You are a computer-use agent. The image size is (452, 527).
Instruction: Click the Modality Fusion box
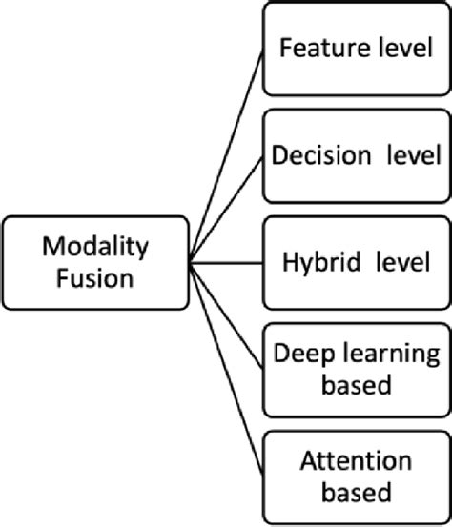pos(95,261)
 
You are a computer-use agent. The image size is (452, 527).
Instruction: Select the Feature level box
pos(355,49)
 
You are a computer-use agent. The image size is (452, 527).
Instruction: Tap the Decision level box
pos(355,154)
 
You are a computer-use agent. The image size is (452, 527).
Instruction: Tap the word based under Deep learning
pos(355,385)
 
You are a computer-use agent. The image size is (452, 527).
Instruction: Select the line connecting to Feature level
pos(225,152)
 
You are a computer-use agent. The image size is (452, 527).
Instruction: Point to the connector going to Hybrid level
pos(225,261)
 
